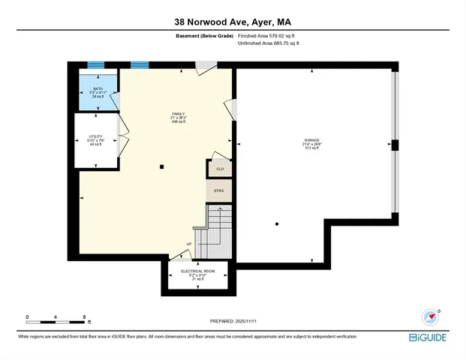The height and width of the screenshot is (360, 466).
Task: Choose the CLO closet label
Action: point(219,169)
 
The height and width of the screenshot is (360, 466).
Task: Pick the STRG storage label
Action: point(219,191)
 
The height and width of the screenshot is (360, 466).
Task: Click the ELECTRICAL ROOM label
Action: point(199,271)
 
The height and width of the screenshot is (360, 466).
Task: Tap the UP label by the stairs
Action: point(190,244)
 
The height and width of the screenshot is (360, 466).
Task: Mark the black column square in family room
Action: point(161,166)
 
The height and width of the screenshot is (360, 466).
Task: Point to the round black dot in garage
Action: point(277,223)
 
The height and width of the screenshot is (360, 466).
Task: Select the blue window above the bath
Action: point(95,65)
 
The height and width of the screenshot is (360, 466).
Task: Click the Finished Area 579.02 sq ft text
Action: point(268,36)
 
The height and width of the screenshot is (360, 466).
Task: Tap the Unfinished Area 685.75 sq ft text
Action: point(268,43)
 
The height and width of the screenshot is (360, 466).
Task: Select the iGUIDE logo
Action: point(429,337)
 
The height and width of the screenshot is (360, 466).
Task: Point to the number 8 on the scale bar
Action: point(85,317)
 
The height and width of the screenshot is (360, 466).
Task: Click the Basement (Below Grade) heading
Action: point(203,36)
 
